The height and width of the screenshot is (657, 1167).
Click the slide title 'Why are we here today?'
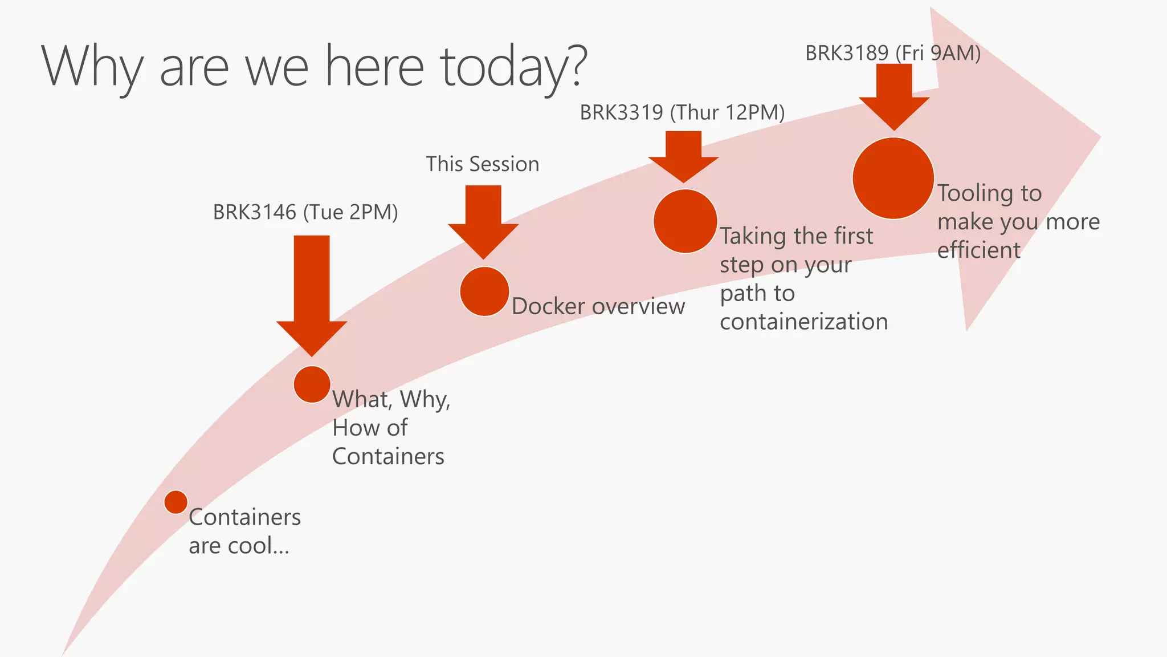coord(313,67)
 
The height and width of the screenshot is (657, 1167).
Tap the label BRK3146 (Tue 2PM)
coord(305,212)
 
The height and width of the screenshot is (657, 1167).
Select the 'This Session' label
coord(482,164)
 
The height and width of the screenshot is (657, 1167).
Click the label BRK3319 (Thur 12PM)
coord(682,112)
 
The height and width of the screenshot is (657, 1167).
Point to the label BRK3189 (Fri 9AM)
coord(892,53)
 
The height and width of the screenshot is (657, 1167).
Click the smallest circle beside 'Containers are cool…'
coord(176,502)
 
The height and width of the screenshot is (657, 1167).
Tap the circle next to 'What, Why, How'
coord(312,384)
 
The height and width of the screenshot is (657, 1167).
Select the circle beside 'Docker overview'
coord(484,291)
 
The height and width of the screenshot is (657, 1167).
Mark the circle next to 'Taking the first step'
coord(684,221)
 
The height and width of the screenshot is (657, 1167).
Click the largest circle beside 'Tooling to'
coord(893,179)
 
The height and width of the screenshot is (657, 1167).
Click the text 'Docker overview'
coord(598,306)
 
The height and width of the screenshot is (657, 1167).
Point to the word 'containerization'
coord(803,322)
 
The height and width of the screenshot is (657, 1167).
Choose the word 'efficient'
coord(978,250)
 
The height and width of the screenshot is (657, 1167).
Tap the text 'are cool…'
coord(239,546)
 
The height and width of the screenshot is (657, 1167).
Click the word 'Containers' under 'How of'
coord(388,456)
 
